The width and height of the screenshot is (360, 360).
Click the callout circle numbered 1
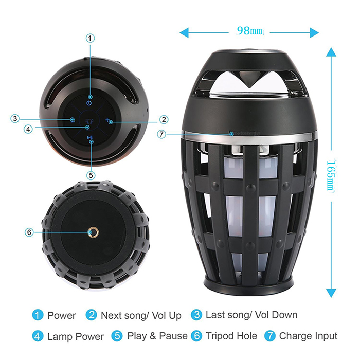point(90,39)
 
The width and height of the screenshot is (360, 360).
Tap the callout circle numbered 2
point(164,120)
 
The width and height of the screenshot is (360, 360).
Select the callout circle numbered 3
point(15,119)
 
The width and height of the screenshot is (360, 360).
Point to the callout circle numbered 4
point(28,129)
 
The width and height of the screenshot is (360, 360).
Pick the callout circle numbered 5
point(91,175)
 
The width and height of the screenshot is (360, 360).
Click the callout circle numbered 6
point(29,232)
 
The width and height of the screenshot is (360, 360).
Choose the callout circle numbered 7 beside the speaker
point(161,134)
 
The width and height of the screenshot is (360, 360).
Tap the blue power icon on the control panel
point(89,103)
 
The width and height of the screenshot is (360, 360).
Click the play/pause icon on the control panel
point(90,137)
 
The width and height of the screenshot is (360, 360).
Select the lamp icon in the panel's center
point(88,121)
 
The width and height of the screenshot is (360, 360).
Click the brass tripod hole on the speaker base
point(94,233)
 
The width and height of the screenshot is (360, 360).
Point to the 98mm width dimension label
point(249,30)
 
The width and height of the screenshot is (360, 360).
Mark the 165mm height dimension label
point(331,175)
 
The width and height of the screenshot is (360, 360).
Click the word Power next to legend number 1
point(62,315)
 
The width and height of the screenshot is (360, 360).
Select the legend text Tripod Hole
point(231,336)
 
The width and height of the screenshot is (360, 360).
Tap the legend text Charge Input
point(309,336)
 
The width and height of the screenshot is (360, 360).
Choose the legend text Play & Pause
point(157,336)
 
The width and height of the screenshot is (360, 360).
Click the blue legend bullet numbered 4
point(38,336)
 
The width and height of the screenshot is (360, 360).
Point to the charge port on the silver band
point(244,133)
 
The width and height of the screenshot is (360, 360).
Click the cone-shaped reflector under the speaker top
point(249,79)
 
